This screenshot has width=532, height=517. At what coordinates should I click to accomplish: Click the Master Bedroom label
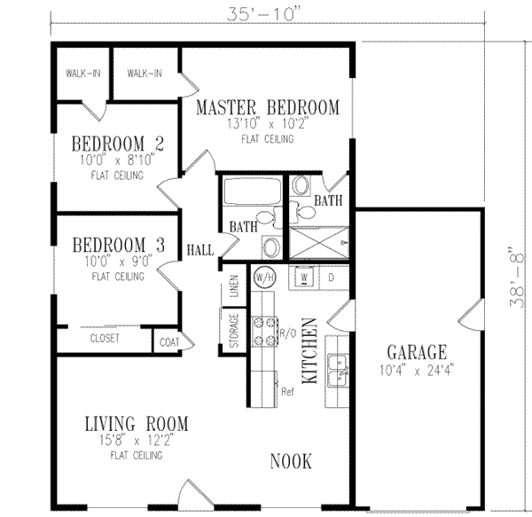[x=267, y=108]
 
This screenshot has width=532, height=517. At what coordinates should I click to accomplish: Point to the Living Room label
[x=136, y=423]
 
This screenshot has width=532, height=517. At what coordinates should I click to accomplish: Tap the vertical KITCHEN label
[x=311, y=351]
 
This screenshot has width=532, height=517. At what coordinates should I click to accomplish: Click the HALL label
[x=200, y=251]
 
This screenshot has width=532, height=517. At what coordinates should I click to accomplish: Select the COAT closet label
[x=168, y=339]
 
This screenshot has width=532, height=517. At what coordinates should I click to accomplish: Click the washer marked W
[x=303, y=277]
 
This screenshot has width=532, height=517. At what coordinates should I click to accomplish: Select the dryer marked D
[x=332, y=277]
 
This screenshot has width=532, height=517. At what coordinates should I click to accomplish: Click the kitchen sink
[x=337, y=371]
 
